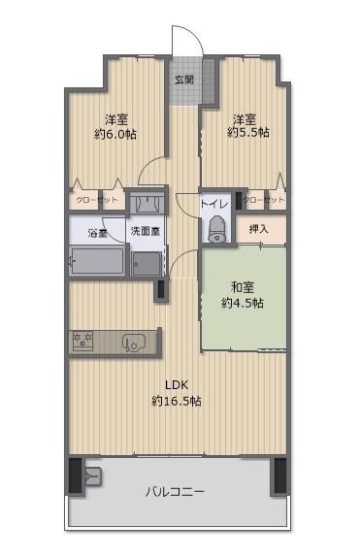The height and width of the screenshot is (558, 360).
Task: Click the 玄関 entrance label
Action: pos(183,79)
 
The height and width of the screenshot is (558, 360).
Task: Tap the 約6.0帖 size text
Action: pos(115,133)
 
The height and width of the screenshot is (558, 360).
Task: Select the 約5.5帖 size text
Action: pos(248,132)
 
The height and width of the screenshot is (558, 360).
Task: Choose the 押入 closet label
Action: pos(258,230)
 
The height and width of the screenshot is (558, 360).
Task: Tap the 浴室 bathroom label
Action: pos(97,233)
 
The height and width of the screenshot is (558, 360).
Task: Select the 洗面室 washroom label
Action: pos(146,233)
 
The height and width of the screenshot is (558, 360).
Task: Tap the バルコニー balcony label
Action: pos(176,491)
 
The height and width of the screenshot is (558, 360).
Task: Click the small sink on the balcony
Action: pos(94,476)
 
